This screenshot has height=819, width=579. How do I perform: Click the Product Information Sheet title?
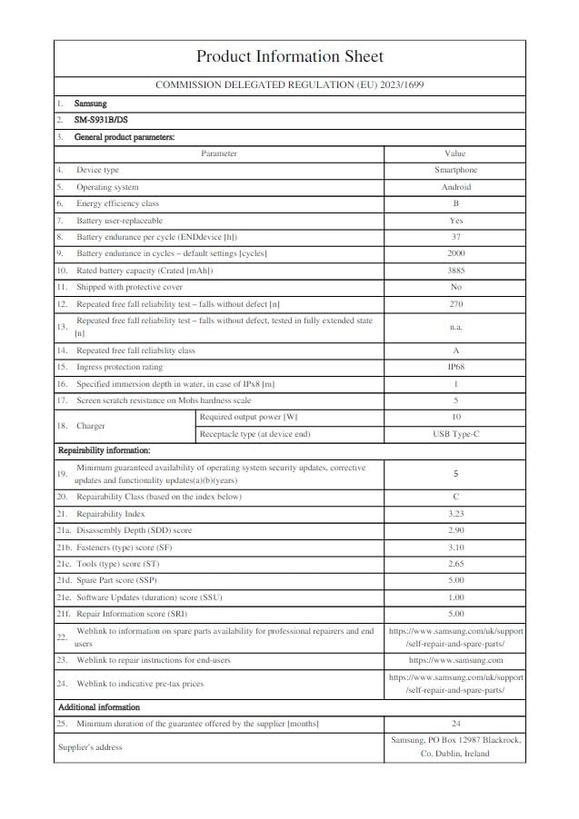pyautogui.click(x=289, y=57)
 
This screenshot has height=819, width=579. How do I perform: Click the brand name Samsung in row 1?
pyautogui.click(x=90, y=104)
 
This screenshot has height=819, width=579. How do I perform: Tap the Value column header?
pyautogui.click(x=454, y=153)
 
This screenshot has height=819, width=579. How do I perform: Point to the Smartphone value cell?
pyautogui.click(x=454, y=170)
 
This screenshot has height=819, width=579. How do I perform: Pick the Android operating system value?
pyautogui.click(x=454, y=187)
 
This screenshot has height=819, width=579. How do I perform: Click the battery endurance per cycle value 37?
pyautogui.click(x=454, y=237)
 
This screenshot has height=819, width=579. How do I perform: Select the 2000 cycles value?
pyautogui.click(x=454, y=253)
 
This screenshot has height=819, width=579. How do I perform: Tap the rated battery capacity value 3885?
pyautogui.click(x=454, y=271)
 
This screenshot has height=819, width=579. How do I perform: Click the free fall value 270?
pyautogui.click(x=454, y=303)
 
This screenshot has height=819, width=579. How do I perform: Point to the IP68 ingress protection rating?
pyautogui.click(x=454, y=367)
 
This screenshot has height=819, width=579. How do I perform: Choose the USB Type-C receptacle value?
pyautogui.click(x=454, y=434)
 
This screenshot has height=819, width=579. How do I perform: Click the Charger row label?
pyautogui.click(x=91, y=426)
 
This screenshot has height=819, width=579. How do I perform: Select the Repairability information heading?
pyautogui.click(x=104, y=450)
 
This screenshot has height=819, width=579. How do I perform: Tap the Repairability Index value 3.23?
pyautogui.click(x=454, y=514)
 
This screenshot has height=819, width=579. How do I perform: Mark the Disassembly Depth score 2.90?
pyautogui.click(x=454, y=530)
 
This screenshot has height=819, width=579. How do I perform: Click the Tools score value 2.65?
pyautogui.click(x=454, y=564)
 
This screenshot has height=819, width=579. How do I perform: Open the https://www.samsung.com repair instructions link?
pyautogui.click(x=454, y=660)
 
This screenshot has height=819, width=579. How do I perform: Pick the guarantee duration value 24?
pyautogui.click(x=454, y=724)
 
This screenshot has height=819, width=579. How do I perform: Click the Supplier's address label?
pyautogui.click(x=90, y=747)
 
